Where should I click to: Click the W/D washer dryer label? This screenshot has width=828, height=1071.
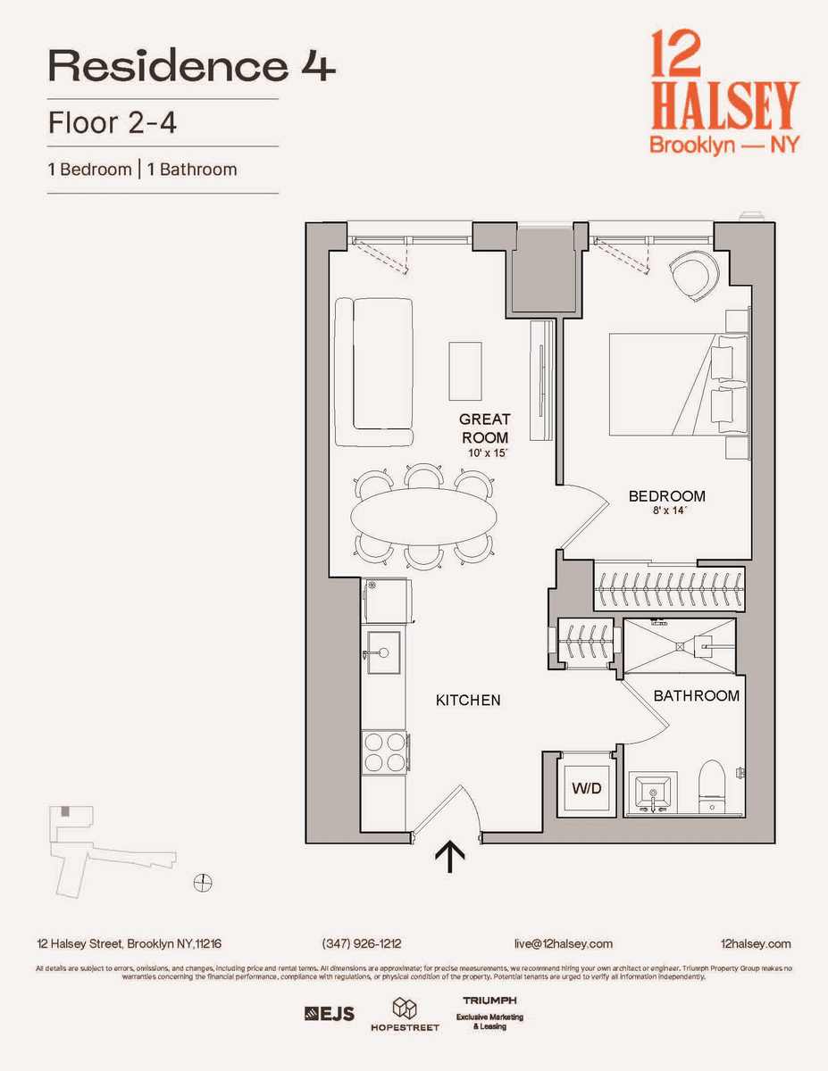tap(586, 788)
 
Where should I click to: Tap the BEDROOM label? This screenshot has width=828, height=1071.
tap(666, 496)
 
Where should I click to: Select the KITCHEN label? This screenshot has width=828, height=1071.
tap(468, 700)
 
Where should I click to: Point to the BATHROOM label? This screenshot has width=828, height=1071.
tap(697, 695)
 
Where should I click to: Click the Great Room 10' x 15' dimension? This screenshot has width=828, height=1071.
tap(488, 452)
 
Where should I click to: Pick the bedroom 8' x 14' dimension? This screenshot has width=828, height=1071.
tap(669, 511)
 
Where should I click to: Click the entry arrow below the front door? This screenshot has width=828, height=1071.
tap(450, 858)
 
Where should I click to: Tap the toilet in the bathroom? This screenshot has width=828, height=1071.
tap(712, 787)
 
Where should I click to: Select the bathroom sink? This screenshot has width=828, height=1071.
tap(653, 793)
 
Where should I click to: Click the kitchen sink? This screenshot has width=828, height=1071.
tap(383, 652)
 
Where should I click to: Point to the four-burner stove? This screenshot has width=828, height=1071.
tap(385, 751)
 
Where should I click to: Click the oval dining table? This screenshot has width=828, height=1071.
tap(423, 516)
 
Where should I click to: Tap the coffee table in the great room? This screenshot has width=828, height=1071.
tap(465, 371)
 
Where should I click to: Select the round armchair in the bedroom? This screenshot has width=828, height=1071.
tap(694, 276)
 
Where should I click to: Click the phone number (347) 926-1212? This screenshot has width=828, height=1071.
tap(362, 943)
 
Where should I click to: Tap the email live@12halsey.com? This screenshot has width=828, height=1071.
tap(564, 943)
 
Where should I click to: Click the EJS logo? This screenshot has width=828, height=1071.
tap(330, 1013)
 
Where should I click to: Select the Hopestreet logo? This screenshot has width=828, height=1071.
tap(405, 1014)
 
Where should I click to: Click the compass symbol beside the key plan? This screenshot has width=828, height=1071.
tap(203, 882)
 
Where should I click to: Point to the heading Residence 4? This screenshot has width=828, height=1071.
tap(192, 66)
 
